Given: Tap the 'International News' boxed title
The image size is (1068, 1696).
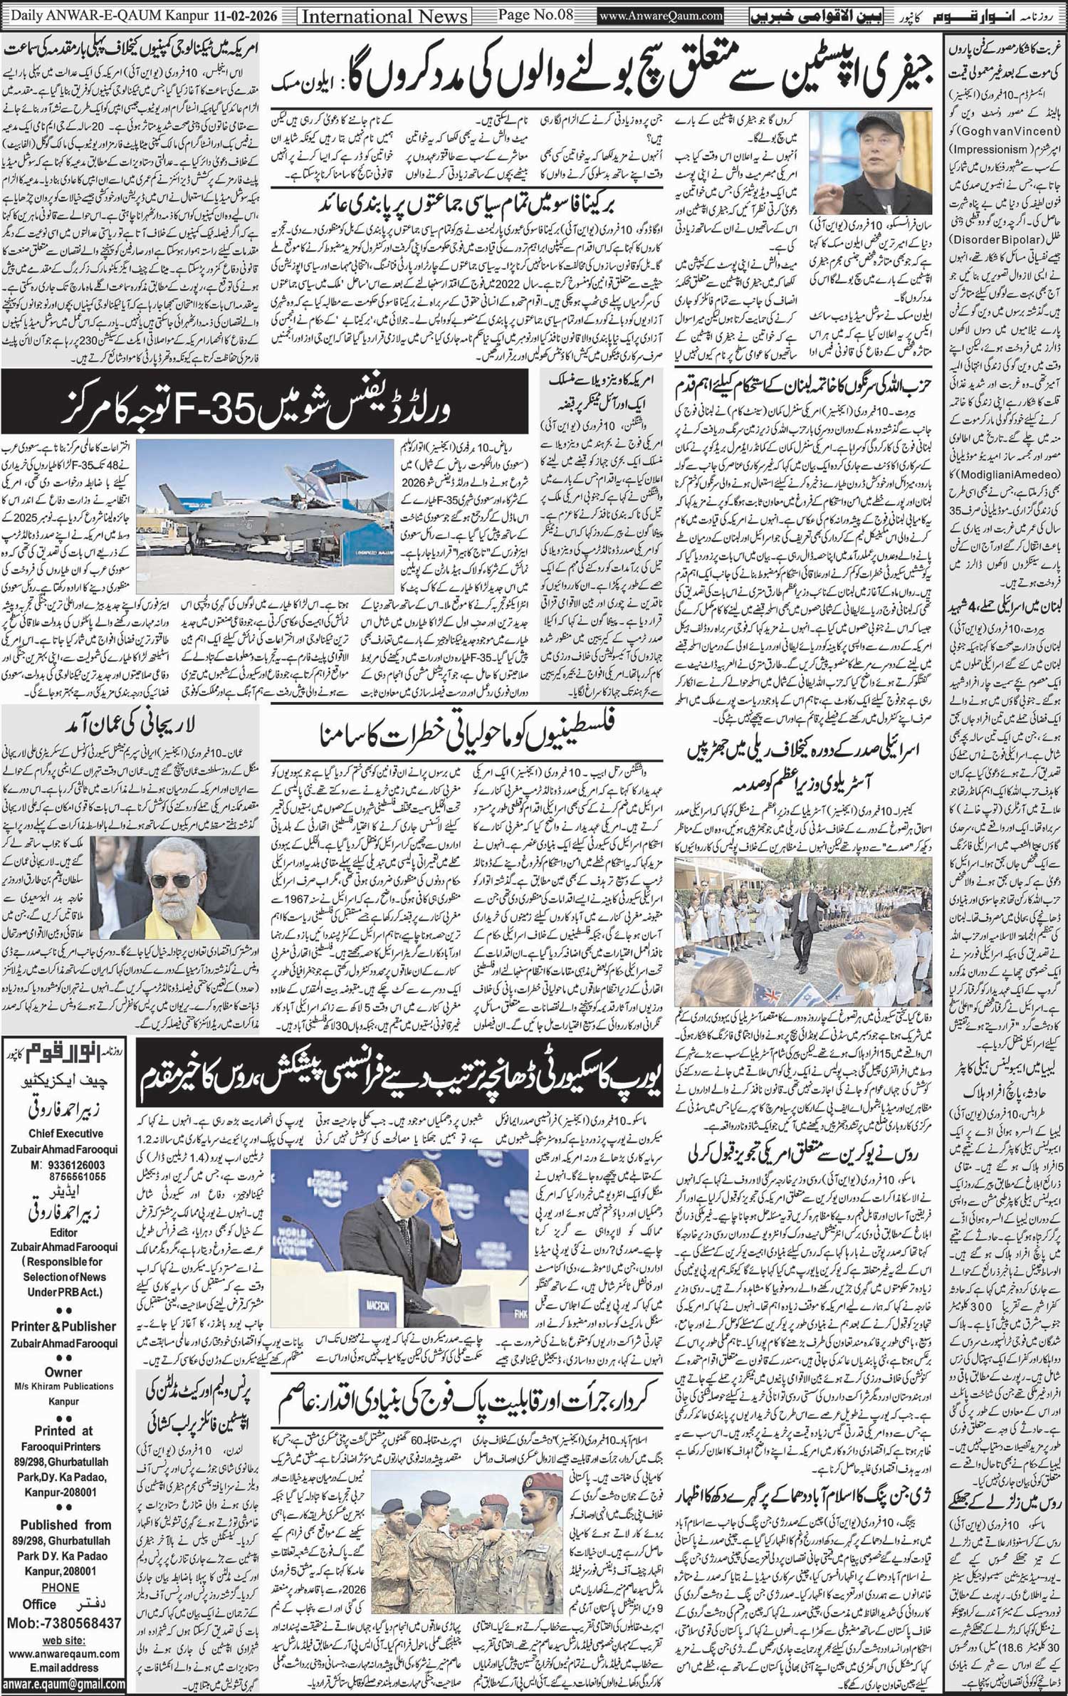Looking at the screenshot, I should pos(385,16).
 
